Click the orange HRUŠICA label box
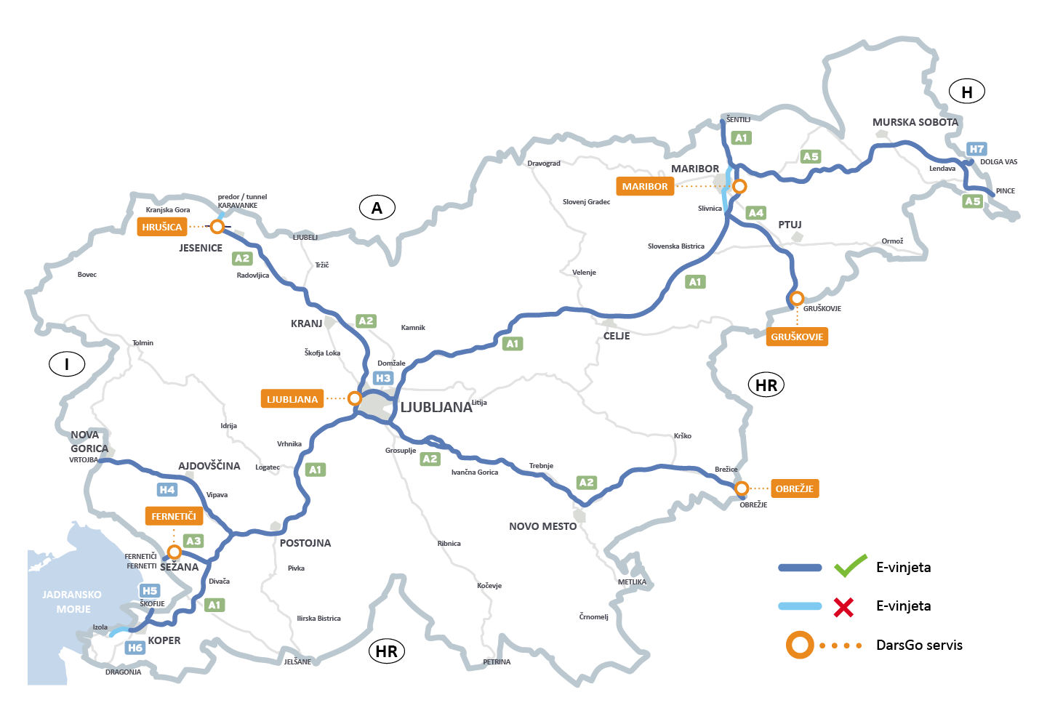coord(162,227)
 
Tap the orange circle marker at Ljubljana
coord(354,398)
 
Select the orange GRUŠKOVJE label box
coord(797,337)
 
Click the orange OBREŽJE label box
coord(795,488)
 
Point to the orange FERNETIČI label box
coord(174,516)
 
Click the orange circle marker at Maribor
coord(739,186)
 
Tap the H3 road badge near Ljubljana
coord(383,378)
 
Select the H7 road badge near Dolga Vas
coord(976,149)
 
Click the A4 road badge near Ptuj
coord(756,213)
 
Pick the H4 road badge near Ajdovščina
coord(167,490)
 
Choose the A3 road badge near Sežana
coord(193,541)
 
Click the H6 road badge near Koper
coord(135,648)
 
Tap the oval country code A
coord(377,208)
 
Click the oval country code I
coord(67,364)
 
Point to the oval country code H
coord(967,92)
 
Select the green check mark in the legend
coord(850,566)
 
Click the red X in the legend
coord(843,606)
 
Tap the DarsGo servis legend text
coord(919,645)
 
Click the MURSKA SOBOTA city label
coord(915,122)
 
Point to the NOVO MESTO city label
coord(542,526)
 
